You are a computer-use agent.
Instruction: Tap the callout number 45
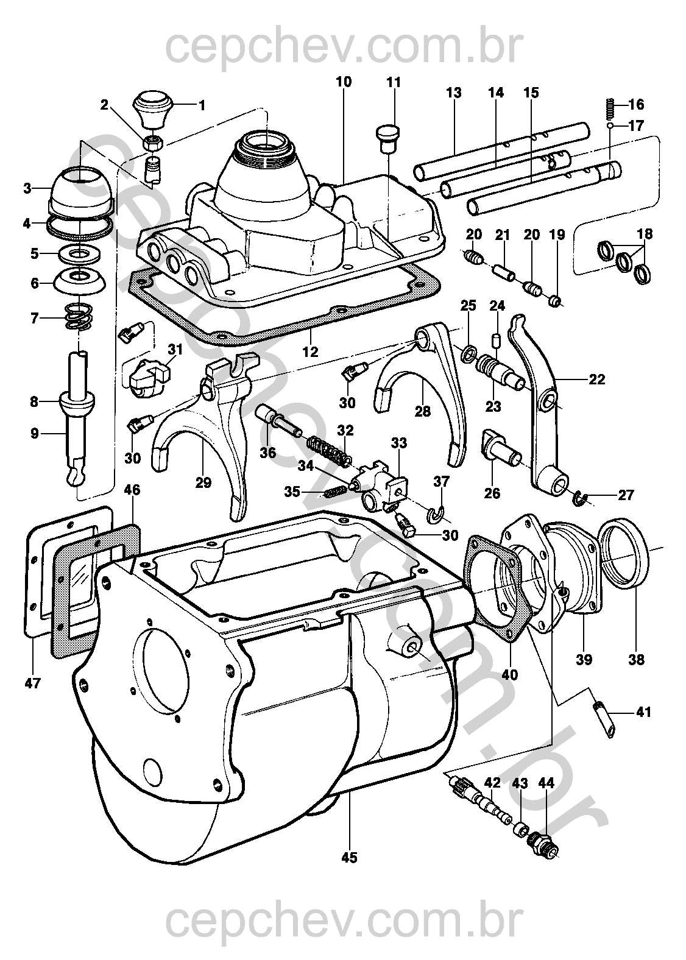[349, 858]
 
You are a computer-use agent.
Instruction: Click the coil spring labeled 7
[80, 316]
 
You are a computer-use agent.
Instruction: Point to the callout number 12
[312, 351]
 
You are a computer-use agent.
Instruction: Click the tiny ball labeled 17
[610, 126]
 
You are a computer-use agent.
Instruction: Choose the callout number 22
[596, 379]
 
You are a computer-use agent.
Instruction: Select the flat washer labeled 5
[80, 252]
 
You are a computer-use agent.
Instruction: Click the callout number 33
[398, 442]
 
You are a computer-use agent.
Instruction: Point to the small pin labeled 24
[497, 338]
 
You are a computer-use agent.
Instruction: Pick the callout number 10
[343, 82]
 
